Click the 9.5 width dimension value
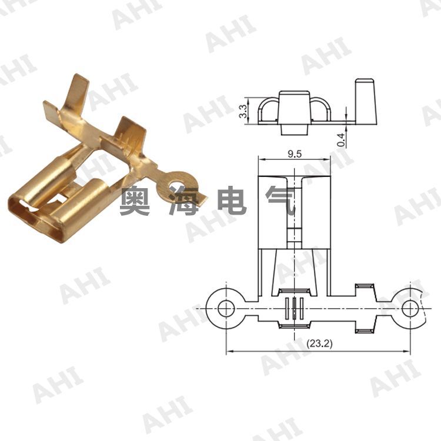pyautogui.click(x=294, y=154)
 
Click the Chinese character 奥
pyautogui.click(x=135, y=202)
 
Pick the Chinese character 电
pyautogui.click(x=232, y=202)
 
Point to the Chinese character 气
pyautogui.click(x=280, y=202)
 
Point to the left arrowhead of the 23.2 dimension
pyautogui.click(x=229, y=352)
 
